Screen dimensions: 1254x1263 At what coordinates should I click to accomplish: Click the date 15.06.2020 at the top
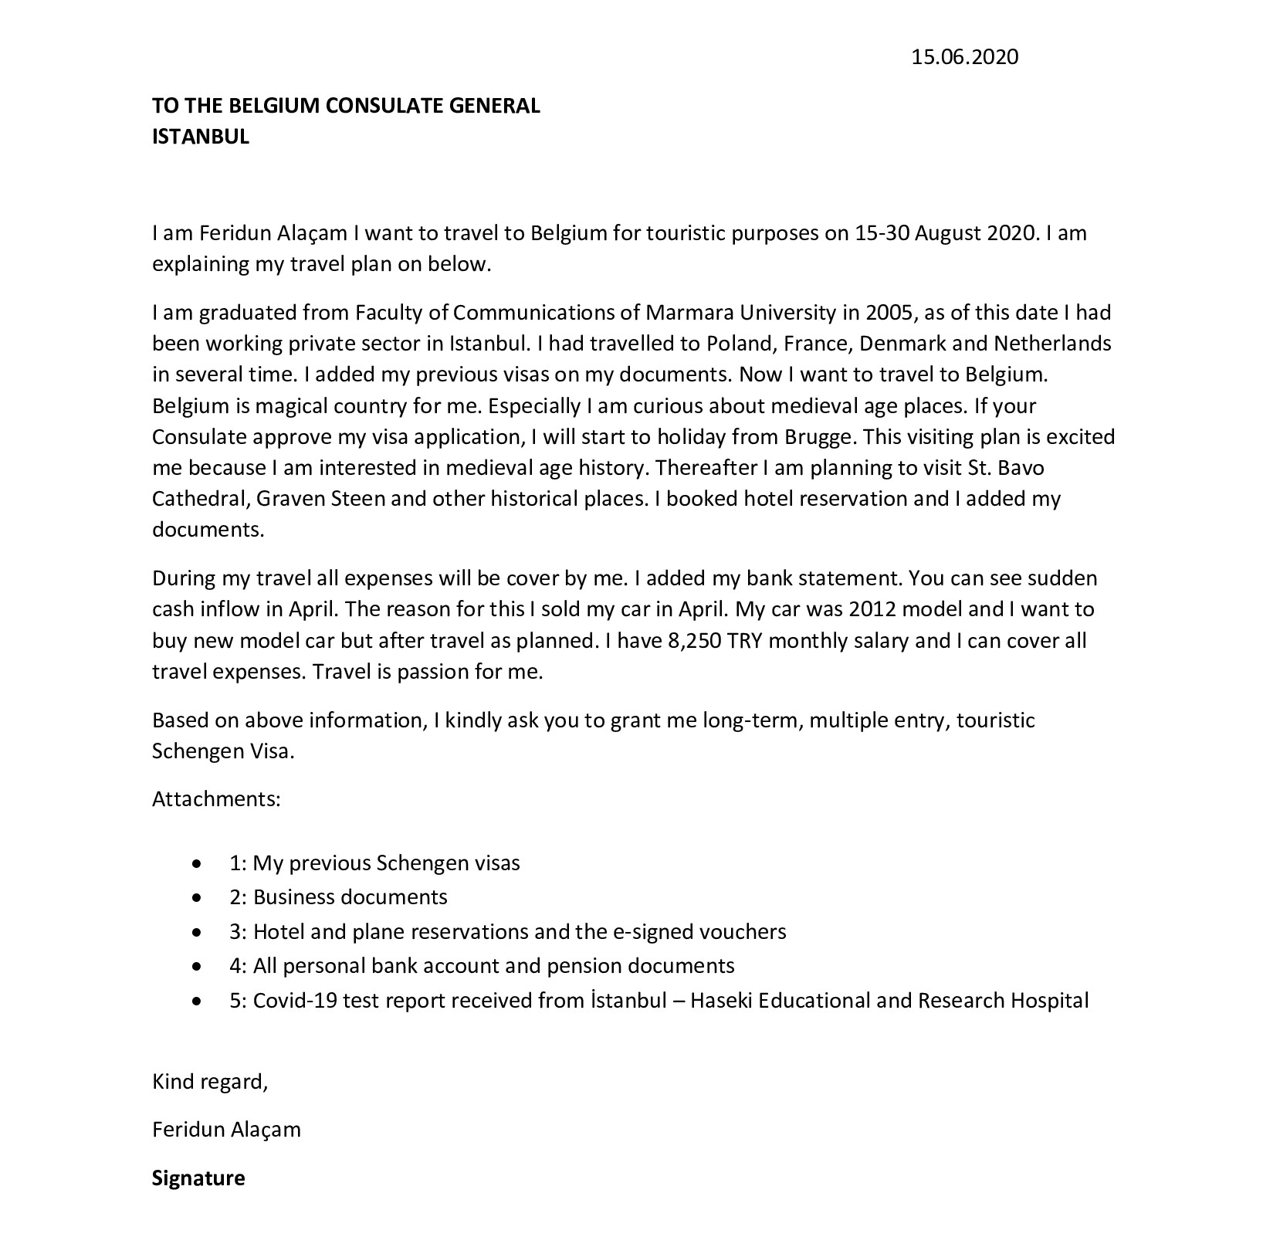coord(964,57)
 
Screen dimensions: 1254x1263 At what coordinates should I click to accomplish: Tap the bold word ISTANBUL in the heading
coord(201,137)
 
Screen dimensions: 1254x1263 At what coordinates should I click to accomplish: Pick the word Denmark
coord(902,344)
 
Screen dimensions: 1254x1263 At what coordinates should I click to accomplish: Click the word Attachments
coord(215,798)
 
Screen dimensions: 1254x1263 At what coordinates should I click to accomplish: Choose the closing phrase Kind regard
coord(209,1082)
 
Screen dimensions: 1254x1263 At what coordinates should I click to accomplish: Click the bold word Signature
coord(198,1178)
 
